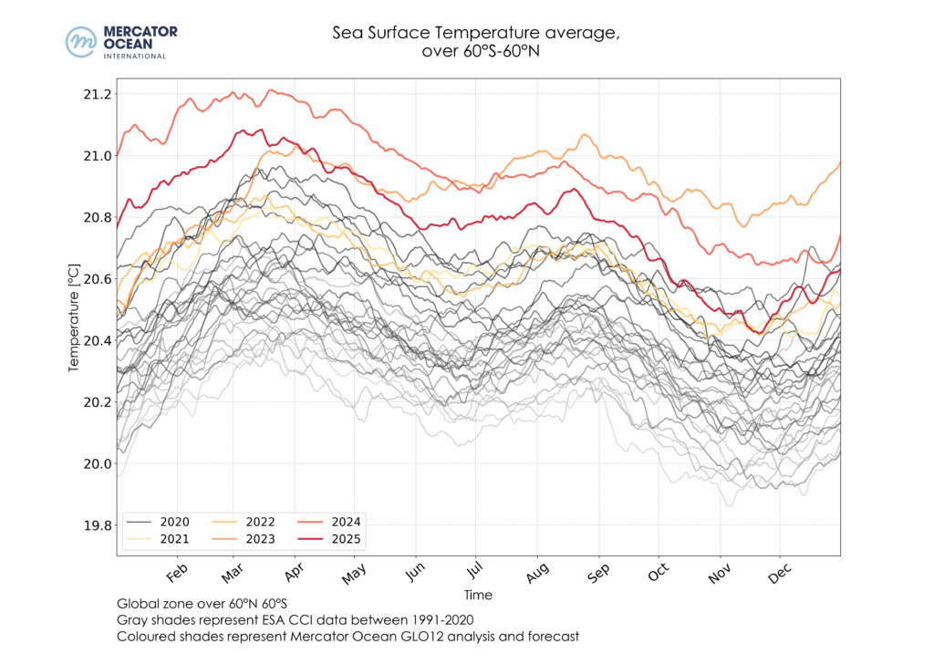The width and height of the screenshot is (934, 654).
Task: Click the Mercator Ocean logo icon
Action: tap(81, 42)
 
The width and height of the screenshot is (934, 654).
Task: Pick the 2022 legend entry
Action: tap(245, 522)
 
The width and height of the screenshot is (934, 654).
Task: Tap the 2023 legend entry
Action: tap(245, 540)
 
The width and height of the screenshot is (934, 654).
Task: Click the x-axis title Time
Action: tap(478, 595)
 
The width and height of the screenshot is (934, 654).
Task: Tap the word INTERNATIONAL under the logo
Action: tap(135, 56)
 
